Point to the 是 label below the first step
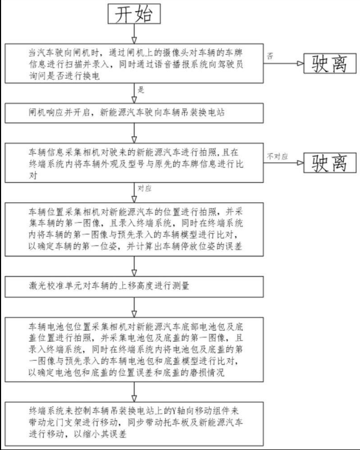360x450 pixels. (141, 90)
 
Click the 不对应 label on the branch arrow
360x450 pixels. (277, 155)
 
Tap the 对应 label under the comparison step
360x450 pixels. (145, 190)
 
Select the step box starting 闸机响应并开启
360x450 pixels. (134, 113)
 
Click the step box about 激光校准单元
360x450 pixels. (134, 286)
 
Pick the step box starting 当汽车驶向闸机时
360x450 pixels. (134, 62)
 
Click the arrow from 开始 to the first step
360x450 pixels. (134, 33)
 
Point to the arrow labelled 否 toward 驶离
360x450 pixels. (284, 64)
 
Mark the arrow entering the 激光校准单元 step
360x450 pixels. (134, 269)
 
